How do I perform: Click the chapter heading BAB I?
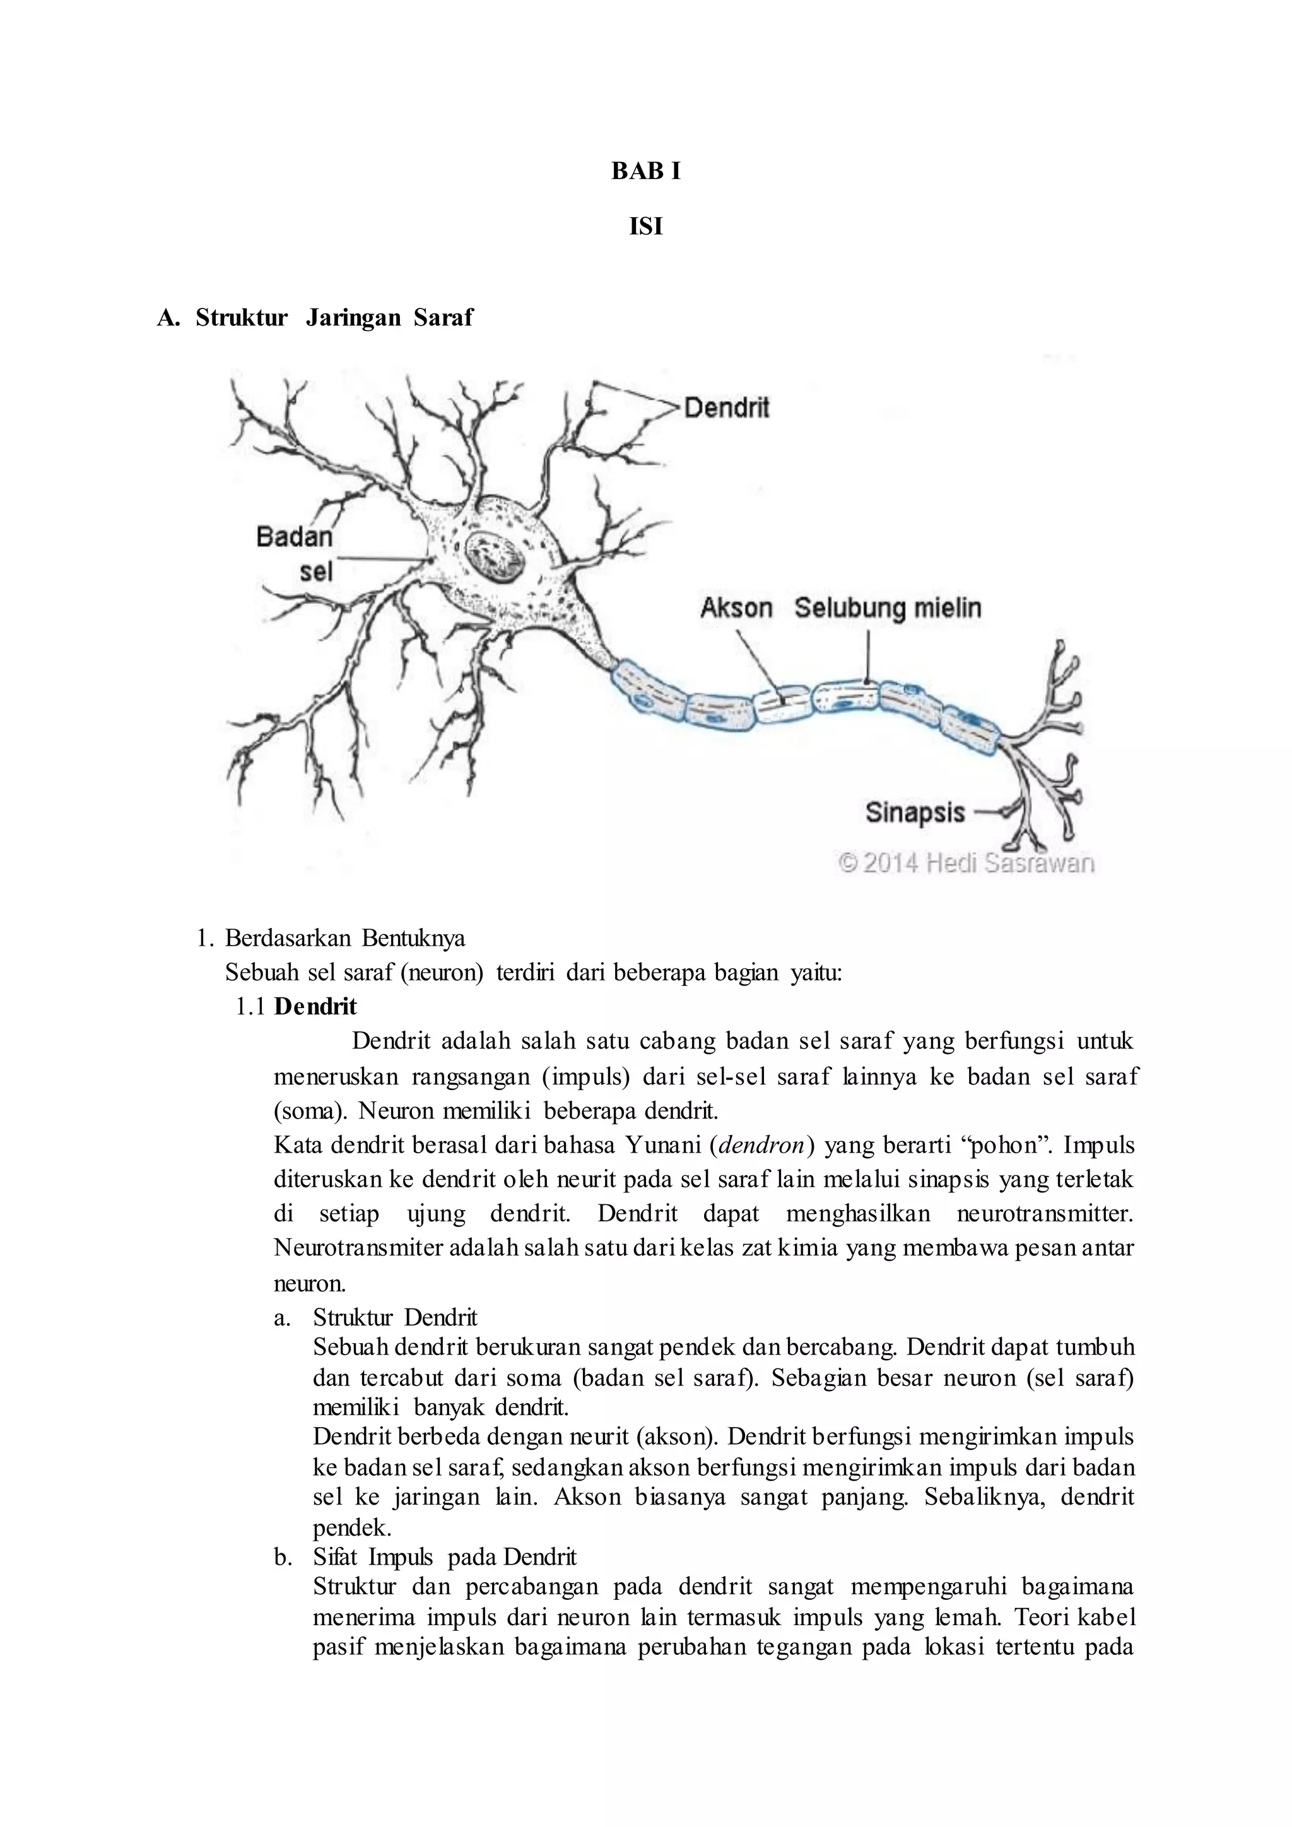pyautogui.click(x=645, y=171)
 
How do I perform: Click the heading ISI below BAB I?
pyautogui.click(x=645, y=228)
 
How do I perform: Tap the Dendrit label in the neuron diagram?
pyautogui.click(x=726, y=408)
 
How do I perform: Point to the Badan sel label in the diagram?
pyautogui.click(x=295, y=554)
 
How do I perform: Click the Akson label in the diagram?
pyautogui.click(x=736, y=608)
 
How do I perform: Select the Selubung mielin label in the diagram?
pyautogui.click(x=888, y=608)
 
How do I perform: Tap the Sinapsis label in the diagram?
pyautogui.click(x=915, y=813)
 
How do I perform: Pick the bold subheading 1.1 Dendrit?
pyautogui.click(x=297, y=1007)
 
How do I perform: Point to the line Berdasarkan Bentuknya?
pyautogui.click(x=344, y=938)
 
